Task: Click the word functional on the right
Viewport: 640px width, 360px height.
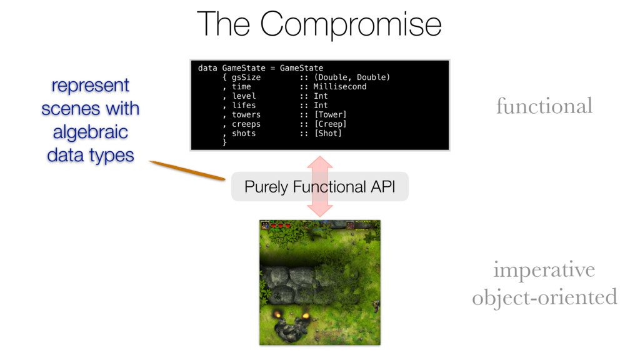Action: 544,106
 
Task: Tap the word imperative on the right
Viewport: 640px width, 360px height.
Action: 544,271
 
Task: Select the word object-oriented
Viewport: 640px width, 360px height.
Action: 544,297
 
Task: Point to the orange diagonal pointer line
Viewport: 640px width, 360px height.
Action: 187,171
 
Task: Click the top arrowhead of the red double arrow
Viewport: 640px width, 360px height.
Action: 321,161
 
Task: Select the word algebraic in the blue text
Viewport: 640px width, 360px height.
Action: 90,132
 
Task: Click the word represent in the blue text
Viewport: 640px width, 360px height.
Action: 90,85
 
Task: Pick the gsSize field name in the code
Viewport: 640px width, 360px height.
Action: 246,77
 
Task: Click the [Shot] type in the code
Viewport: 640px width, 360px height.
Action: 327,133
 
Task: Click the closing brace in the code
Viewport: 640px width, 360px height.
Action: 224,143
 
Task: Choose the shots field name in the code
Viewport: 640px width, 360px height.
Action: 243,133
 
